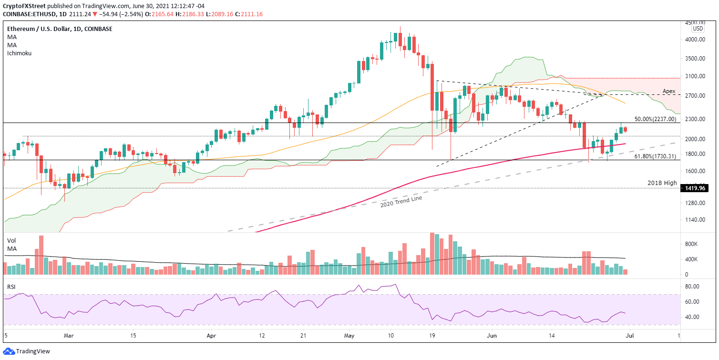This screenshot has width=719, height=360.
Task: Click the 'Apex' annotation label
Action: (x=669, y=91)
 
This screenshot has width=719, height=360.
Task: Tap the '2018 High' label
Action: (x=662, y=183)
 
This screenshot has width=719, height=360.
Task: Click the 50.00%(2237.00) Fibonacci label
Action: (x=655, y=119)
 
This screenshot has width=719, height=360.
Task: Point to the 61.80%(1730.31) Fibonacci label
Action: (x=655, y=156)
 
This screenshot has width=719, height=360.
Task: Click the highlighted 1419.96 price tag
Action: (x=693, y=188)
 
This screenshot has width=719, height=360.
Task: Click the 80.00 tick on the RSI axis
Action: (x=691, y=287)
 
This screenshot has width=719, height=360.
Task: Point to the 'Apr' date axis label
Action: (x=210, y=335)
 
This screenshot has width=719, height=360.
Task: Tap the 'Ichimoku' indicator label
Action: (x=19, y=53)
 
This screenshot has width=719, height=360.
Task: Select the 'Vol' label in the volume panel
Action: (x=11, y=241)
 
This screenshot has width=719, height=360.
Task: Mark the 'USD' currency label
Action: (x=698, y=29)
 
